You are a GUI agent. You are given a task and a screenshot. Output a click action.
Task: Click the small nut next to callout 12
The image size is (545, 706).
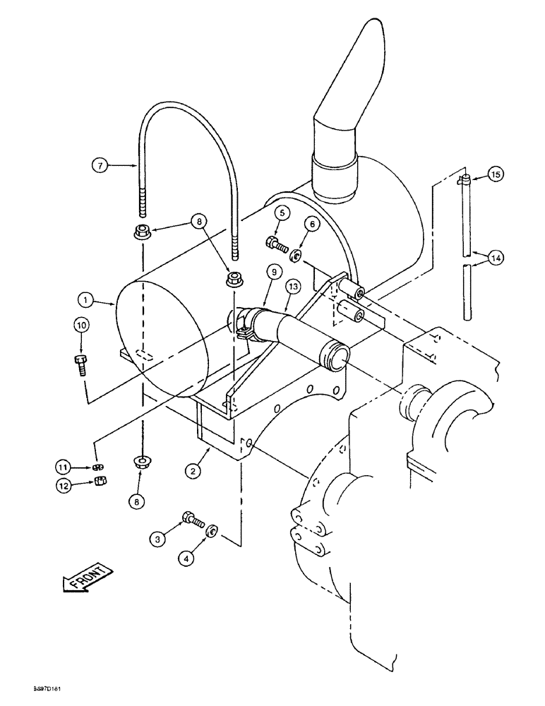[100, 483]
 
